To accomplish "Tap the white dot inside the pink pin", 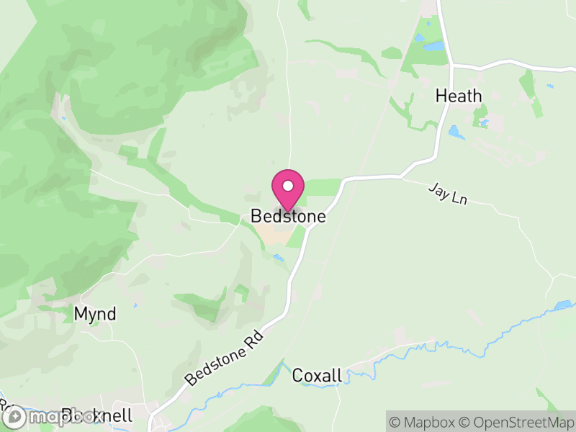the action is [288, 186].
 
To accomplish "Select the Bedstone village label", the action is [288, 216].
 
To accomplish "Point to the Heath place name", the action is [459, 96].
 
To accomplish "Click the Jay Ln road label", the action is [447, 194].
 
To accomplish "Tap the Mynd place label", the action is [95, 314].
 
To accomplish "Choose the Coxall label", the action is [315, 375].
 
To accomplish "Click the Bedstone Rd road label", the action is [225, 356].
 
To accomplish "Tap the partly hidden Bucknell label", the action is [97, 415].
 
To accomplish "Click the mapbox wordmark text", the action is [53, 417].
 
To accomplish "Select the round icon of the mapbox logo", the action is [14, 417].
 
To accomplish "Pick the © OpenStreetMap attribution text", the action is [518, 421].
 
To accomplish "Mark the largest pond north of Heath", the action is [434, 46].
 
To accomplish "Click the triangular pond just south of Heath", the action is [455, 132].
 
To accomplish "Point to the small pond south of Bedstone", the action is [278, 258].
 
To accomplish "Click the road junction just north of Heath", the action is [452, 66].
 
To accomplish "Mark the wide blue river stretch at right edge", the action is [564, 305].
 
